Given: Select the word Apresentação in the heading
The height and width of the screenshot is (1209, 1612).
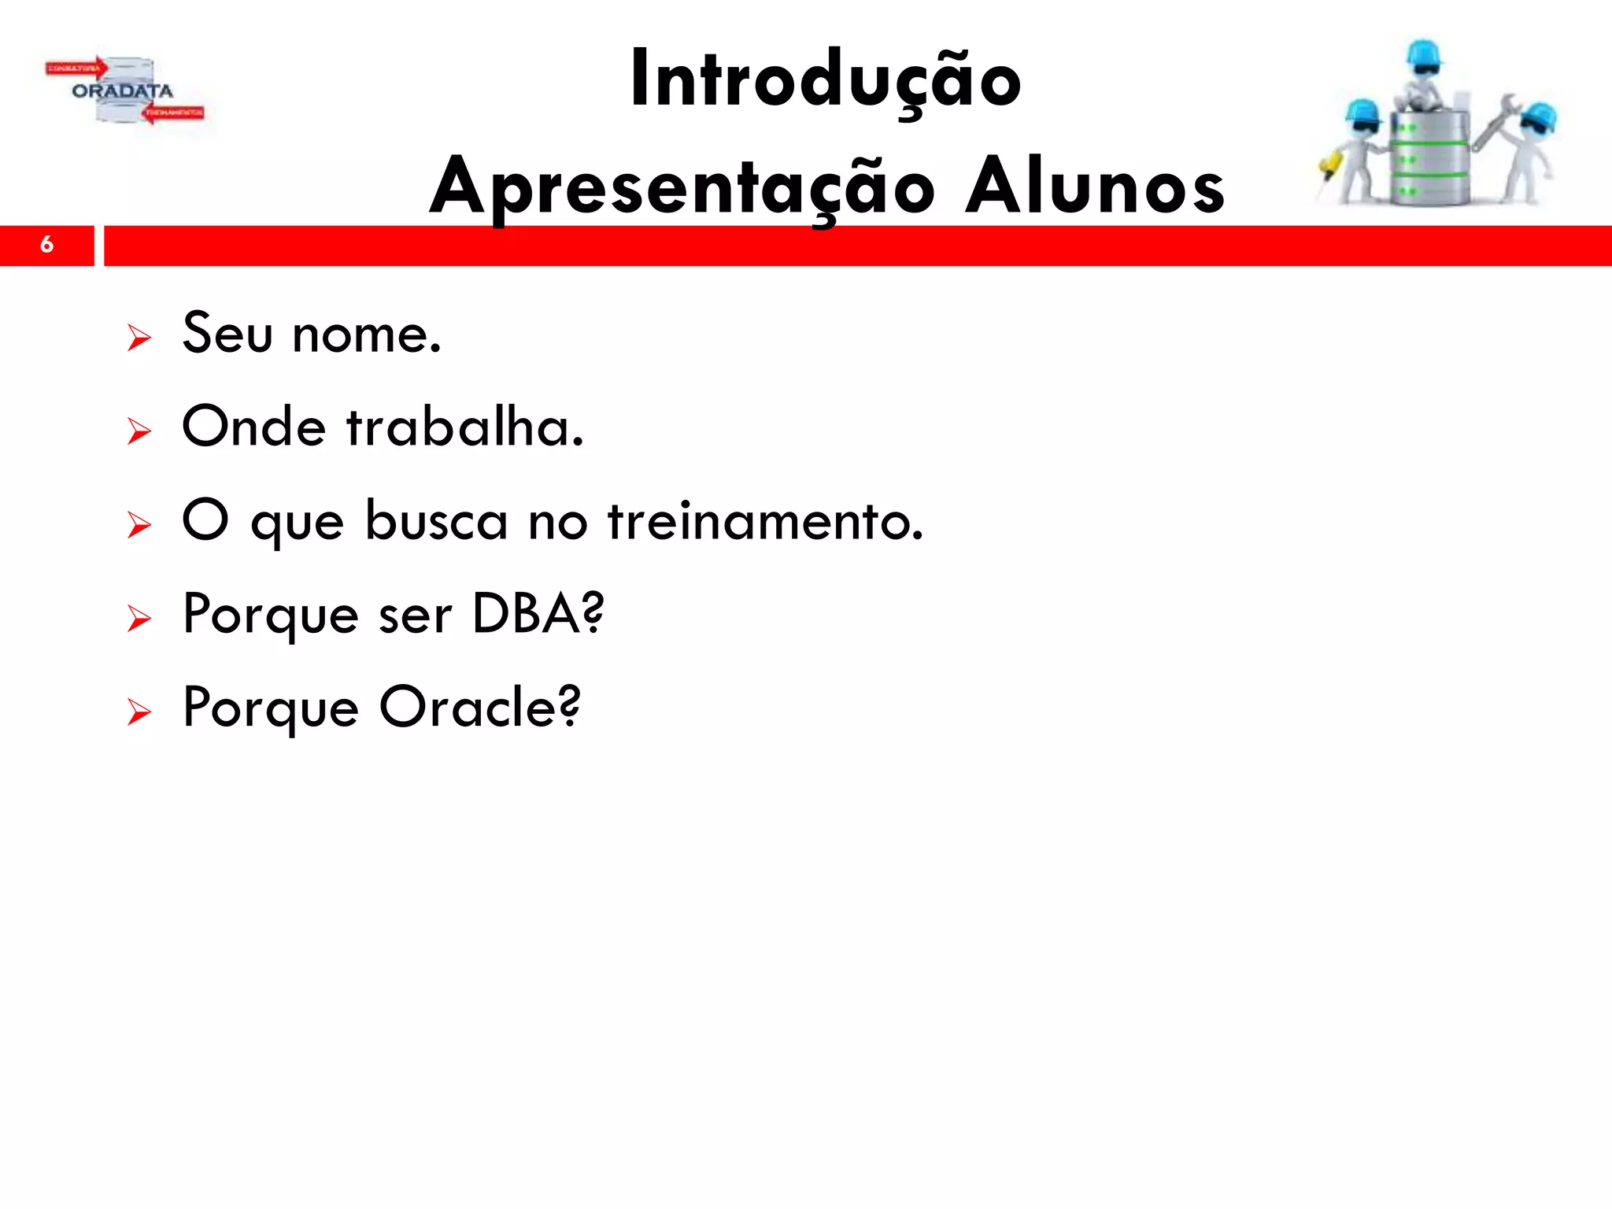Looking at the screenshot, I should click(x=682, y=187).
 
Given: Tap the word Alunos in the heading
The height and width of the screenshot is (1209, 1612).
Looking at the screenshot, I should click(x=1095, y=187).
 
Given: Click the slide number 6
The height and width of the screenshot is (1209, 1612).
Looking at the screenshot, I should click(x=46, y=245).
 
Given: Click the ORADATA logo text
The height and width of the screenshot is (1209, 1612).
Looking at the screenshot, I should click(x=122, y=91).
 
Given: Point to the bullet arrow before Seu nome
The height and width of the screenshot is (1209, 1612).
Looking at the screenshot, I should click(x=139, y=338).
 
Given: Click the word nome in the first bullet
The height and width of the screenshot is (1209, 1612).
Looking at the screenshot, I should click(x=366, y=335).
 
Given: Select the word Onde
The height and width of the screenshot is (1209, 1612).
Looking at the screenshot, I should click(x=253, y=427).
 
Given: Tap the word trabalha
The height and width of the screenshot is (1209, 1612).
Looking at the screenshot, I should click(x=464, y=427).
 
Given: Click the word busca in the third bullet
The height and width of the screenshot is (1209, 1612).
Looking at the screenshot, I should click(x=436, y=521).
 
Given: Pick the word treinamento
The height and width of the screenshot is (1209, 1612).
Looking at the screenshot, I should click(x=764, y=521).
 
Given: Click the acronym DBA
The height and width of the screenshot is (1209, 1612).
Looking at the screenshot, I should click(x=538, y=614).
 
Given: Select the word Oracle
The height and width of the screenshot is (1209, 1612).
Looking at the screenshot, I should click(x=479, y=707).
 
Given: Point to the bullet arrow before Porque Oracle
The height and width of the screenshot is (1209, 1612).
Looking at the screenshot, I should click(x=139, y=712).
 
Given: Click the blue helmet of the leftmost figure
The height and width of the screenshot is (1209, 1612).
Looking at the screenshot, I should click(x=1362, y=113).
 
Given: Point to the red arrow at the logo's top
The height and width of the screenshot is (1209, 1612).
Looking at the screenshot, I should click(x=76, y=68).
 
